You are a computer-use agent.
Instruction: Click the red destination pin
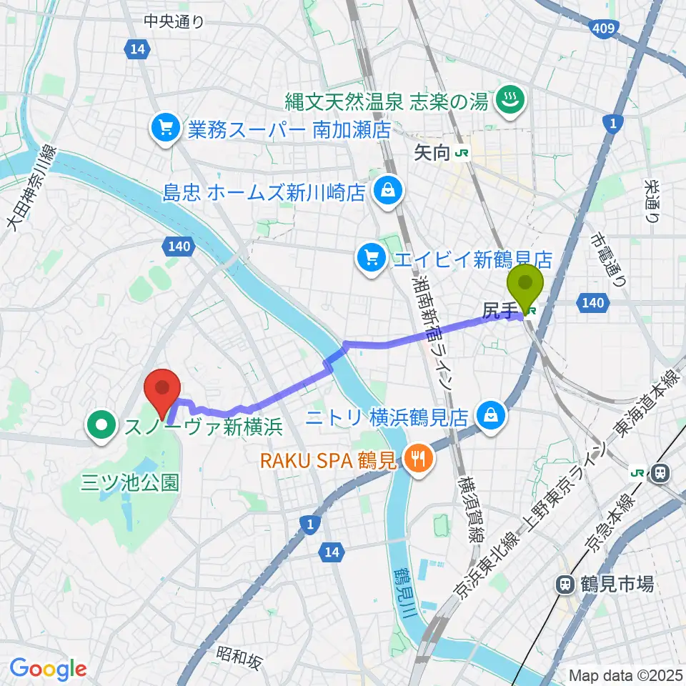pos(162,389)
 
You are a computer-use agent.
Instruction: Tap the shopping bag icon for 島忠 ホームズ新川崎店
pos(387,191)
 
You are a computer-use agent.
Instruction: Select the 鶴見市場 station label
pos(607,584)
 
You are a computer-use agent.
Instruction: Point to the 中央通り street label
pos(174,21)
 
